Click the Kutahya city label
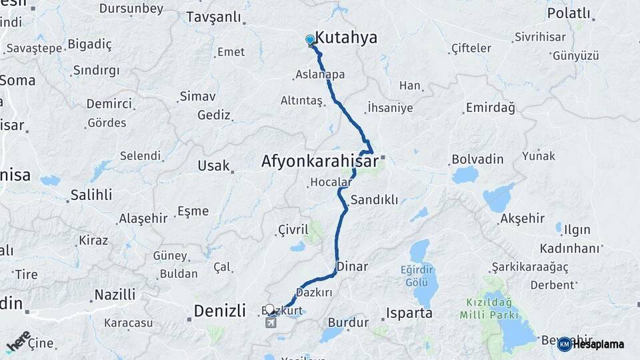(x=346, y=38)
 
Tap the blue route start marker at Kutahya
(x=310, y=39)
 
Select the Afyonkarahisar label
(x=319, y=161)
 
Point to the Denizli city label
(x=221, y=310)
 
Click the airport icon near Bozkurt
(x=271, y=323)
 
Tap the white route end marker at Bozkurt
(x=270, y=309)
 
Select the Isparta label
(x=409, y=313)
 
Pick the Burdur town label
(x=348, y=323)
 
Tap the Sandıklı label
(x=374, y=199)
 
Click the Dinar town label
(x=353, y=267)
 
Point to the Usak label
(x=213, y=165)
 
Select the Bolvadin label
(x=474, y=160)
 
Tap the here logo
(x=18, y=341)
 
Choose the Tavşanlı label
(x=213, y=17)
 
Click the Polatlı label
(x=569, y=13)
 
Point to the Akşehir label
(x=522, y=219)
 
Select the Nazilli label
(x=115, y=294)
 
